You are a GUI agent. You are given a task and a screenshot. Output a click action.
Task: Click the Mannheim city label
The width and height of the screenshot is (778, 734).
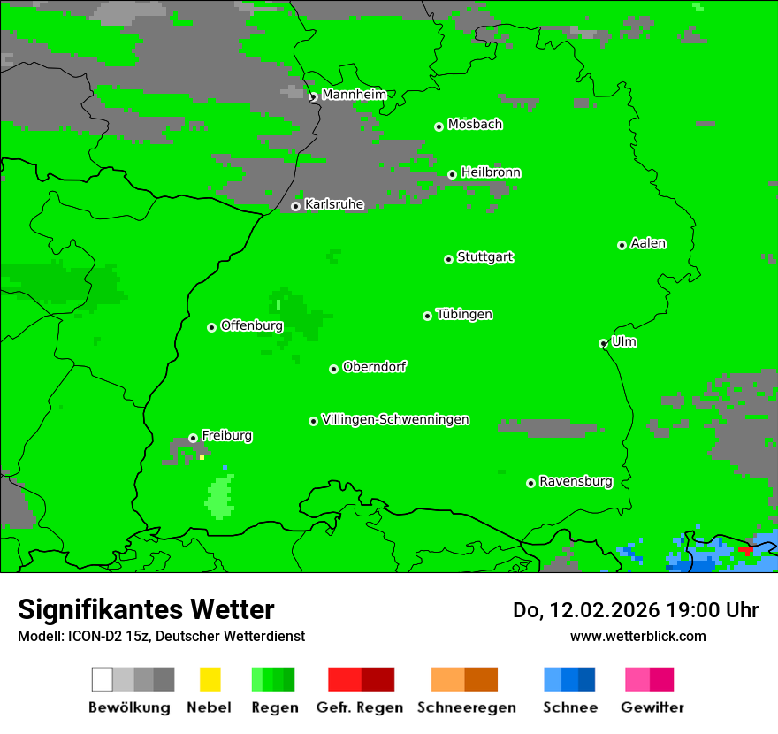point(354,95)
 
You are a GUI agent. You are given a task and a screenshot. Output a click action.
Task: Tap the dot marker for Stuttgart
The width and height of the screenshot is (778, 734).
point(449,259)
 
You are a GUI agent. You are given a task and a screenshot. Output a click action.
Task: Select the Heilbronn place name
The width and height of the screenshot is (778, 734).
point(491,172)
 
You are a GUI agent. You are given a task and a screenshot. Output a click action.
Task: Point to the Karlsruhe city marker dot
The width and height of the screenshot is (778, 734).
point(296,207)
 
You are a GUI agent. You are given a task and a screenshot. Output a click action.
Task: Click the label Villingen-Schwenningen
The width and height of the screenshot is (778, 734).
point(395,419)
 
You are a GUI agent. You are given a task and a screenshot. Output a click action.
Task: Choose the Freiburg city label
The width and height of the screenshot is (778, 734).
point(226,436)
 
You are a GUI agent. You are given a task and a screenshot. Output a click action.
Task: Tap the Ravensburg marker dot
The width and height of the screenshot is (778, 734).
point(530,483)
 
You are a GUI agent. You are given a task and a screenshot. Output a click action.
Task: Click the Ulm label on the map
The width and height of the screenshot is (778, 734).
point(624,341)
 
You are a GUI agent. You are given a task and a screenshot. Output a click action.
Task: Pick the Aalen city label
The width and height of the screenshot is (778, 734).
point(648,243)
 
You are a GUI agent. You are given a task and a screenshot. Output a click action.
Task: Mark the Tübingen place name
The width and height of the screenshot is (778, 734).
point(464,314)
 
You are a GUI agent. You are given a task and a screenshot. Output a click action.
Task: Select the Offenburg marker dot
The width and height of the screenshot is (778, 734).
point(212,327)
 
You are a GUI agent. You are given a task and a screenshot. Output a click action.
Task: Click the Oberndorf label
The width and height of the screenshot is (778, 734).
point(375,366)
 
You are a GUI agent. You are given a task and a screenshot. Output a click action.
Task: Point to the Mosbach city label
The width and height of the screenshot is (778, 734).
point(475,125)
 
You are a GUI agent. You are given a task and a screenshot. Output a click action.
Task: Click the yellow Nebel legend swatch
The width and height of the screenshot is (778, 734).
point(210,679)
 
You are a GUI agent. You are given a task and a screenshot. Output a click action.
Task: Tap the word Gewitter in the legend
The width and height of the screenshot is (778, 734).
point(652,707)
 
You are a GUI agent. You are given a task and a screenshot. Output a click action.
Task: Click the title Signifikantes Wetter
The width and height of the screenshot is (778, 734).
point(146,609)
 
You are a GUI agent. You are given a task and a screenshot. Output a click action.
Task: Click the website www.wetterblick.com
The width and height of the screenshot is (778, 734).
point(637,636)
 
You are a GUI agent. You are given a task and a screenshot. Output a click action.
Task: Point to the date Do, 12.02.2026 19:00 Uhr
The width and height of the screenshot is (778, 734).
point(636,610)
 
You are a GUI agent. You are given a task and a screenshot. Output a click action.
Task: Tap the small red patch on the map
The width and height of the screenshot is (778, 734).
point(745,550)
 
